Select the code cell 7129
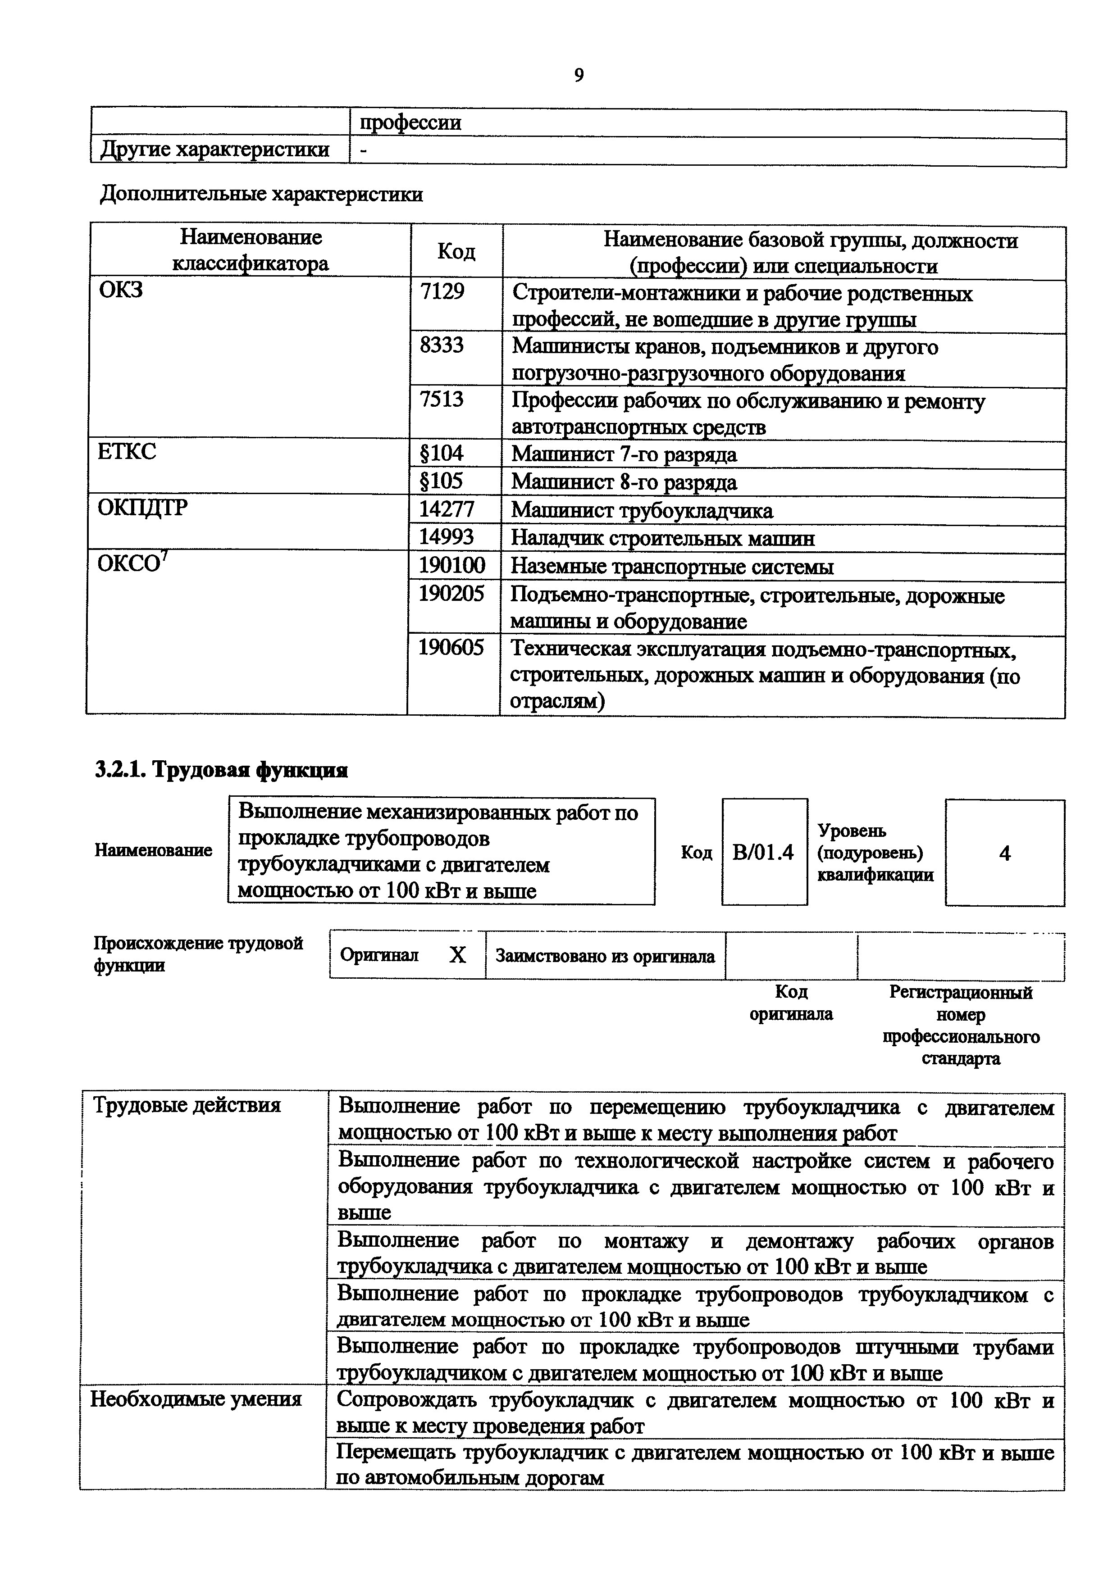442,292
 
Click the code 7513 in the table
442,399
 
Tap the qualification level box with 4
1004,854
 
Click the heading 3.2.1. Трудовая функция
221,770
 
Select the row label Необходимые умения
196,1399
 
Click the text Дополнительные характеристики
261,195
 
